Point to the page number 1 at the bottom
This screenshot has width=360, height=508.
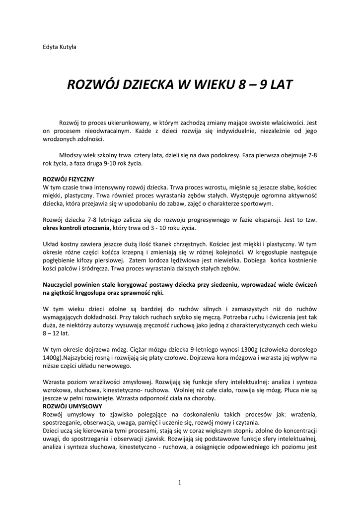coord(180,482)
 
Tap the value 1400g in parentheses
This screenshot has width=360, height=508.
coord(52,357)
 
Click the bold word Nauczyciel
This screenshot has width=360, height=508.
coord(61,285)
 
